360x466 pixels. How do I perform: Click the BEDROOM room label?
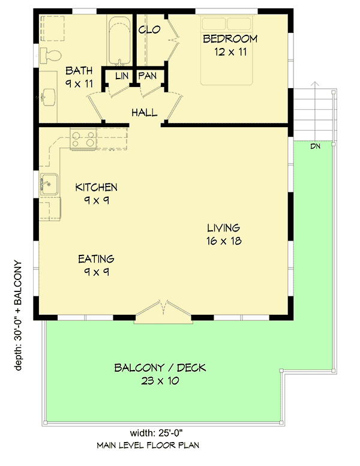tap(230, 40)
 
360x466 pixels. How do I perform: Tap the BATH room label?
tap(79, 70)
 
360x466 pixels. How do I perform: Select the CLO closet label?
tap(149, 29)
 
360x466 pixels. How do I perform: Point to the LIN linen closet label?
tap(122, 76)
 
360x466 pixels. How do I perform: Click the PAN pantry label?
tap(148, 76)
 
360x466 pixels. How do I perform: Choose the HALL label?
tap(145, 113)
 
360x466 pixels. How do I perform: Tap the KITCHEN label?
tap(96, 188)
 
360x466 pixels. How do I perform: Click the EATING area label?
tap(96, 259)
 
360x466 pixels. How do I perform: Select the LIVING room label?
tap(223, 228)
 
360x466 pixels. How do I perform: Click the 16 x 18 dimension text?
tap(223, 241)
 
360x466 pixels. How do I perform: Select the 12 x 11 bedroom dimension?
tap(230, 52)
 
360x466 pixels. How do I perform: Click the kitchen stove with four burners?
tap(83, 139)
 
